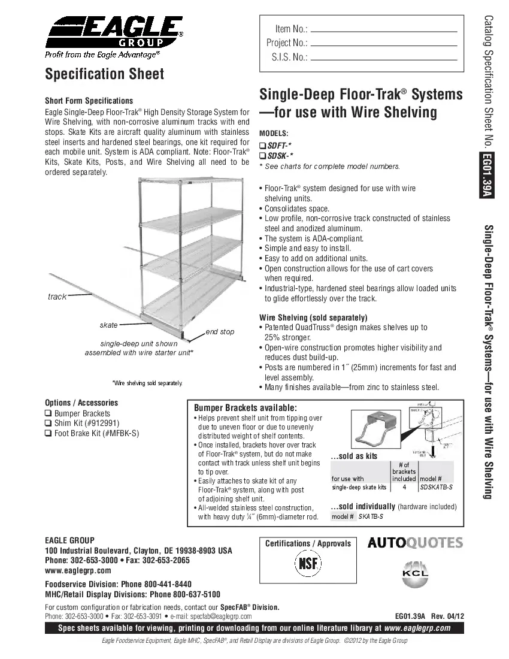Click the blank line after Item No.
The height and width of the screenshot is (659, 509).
[x=384, y=30]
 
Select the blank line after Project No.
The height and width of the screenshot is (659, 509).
[x=384, y=44]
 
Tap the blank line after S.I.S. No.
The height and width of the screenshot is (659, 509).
[x=384, y=59]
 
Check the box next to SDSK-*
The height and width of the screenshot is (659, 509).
[x=262, y=156]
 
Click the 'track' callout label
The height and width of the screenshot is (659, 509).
[x=57, y=297]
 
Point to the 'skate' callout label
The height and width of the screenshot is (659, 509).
[x=108, y=325]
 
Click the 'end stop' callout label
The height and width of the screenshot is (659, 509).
[x=220, y=331]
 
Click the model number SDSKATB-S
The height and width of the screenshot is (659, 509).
[x=436, y=488]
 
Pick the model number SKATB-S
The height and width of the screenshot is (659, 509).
[x=371, y=516]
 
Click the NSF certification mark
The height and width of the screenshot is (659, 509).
[x=308, y=565]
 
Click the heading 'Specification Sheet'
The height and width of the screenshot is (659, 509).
[x=104, y=74]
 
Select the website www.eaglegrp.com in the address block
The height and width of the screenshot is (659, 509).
[x=78, y=570]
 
